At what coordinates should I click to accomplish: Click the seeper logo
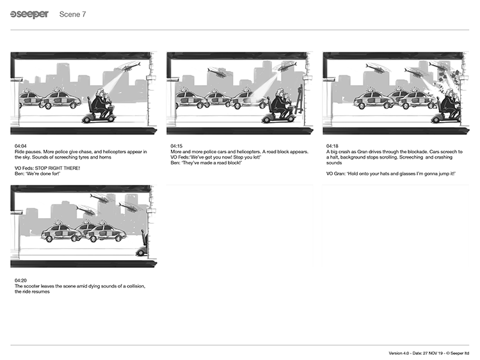[29, 14]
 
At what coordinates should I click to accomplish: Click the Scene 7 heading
[72, 14]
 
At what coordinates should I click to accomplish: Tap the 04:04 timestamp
[20, 146]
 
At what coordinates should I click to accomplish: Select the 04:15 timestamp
[177, 146]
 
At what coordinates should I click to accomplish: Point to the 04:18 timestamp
[332, 146]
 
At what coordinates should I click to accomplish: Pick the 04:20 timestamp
[20, 280]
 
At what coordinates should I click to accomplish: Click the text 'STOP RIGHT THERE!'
[57, 168]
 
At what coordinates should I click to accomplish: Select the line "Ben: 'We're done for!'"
[37, 174]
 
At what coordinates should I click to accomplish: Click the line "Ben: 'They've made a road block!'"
[206, 162]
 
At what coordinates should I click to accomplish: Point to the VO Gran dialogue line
[391, 174]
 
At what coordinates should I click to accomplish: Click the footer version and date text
[429, 353]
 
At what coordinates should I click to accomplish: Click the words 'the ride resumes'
[32, 292]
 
